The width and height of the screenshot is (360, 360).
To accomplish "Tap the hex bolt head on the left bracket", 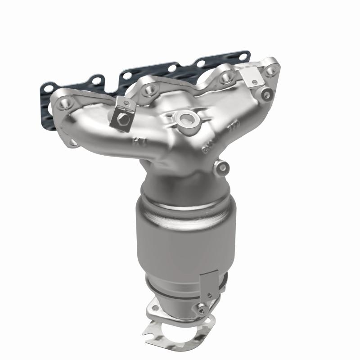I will point(123,120).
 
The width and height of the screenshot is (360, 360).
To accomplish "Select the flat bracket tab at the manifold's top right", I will point(250,76).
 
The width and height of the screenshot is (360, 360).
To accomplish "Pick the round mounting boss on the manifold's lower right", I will point(221,168).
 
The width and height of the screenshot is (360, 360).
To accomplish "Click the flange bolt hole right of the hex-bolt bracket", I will point(148,91).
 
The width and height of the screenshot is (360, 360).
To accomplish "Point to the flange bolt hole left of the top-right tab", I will point(224,77).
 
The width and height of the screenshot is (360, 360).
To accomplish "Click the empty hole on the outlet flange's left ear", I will point(155,308).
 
